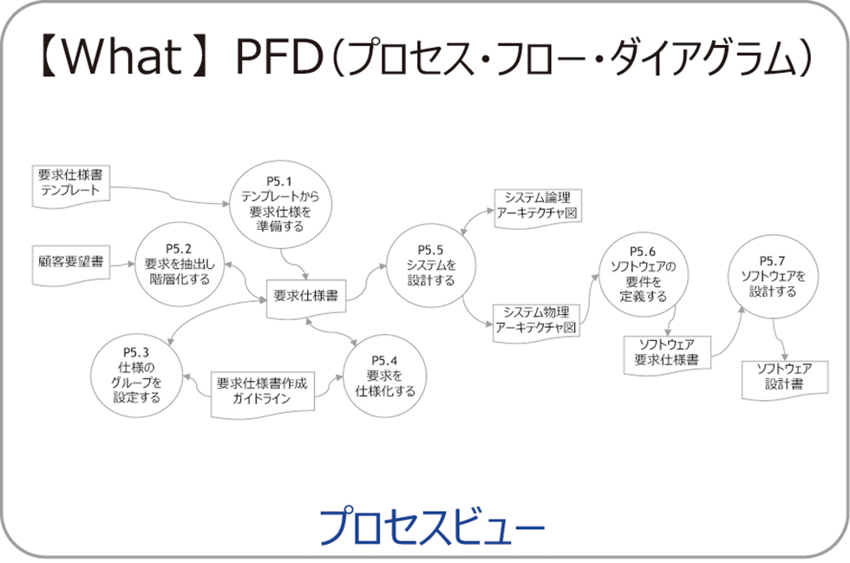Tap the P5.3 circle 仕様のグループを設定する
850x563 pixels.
(x=137, y=375)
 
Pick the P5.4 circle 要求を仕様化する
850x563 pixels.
(x=385, y=375)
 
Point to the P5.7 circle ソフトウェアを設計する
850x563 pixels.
(x=771, y=275)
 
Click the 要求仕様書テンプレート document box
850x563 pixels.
(x=70, y=184)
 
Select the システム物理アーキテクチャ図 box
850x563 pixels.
(x=537, y=320)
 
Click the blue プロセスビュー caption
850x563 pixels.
(x=431, y=524)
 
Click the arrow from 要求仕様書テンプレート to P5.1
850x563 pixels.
(x=173, y=196)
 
